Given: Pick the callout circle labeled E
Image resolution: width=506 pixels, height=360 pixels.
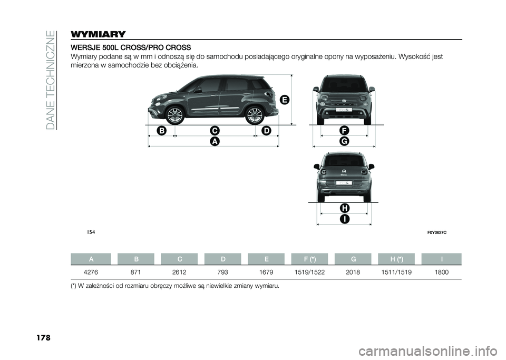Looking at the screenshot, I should (x=284, y=100).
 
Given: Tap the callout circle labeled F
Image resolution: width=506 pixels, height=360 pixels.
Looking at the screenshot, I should (x=344, y=130).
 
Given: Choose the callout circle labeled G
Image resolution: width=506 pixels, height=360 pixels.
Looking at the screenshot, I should (x=344, y=141).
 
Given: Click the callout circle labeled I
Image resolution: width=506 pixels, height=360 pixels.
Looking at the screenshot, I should (x=344, y=218).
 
